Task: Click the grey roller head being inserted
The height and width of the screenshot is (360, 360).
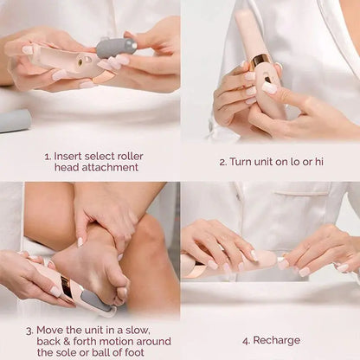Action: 116,47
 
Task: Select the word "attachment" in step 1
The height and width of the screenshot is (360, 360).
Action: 111,169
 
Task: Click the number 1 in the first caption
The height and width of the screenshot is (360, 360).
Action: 47,157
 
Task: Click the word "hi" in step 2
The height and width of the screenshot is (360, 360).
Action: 318,162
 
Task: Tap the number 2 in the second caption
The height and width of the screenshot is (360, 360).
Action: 222,162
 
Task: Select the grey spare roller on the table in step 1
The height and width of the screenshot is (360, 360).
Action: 16,120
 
